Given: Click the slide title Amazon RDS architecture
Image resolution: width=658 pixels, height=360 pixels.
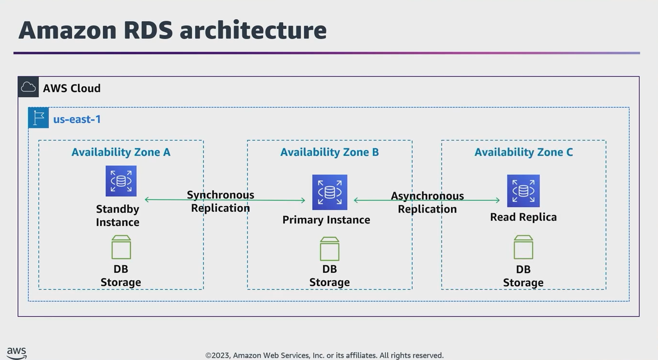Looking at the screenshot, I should click(172, 30).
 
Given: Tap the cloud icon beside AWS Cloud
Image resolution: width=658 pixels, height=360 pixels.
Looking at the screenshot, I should click(28, 87).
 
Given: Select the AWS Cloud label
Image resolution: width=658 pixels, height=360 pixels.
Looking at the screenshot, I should click(72, 88).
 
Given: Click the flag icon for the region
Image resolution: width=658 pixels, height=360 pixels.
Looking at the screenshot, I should click(39, 118).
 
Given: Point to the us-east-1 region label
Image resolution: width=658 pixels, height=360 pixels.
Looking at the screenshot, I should click(77, 119).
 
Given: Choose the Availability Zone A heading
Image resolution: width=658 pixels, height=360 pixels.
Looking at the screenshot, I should click(121, 152).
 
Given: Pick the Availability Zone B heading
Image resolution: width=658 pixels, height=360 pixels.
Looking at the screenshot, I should click(329, 152).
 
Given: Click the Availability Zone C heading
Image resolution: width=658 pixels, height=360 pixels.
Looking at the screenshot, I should click(524, 152).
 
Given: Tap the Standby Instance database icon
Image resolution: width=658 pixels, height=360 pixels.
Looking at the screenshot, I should click(121, 181).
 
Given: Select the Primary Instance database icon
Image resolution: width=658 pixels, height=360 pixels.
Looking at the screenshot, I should click(329, 192).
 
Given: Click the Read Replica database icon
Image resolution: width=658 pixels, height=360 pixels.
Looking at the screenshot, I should click(523, 191).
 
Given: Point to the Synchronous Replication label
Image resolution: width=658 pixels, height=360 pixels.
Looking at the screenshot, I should click(221, 201).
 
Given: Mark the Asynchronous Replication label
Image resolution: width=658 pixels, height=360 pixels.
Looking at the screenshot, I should click(427, 202).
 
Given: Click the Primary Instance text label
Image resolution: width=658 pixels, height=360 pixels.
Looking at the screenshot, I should click(326, 220).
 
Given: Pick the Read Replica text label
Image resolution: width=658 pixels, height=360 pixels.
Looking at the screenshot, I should click(523, 217).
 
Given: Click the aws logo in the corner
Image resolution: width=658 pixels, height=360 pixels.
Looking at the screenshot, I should click(17, 353).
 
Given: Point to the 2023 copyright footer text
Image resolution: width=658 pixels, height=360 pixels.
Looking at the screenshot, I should click(324, 355).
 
